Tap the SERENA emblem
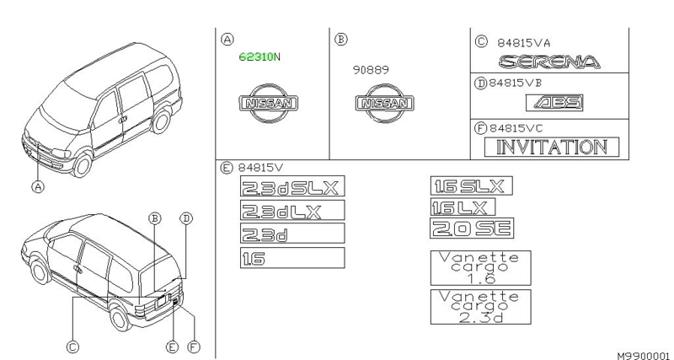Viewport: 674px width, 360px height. click(549, 62)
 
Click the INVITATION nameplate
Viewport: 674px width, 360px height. click(551, 147)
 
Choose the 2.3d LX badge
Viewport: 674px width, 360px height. click(292, 211)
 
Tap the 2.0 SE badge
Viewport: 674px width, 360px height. click(472, 228)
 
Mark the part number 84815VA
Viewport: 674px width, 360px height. click(522, 40)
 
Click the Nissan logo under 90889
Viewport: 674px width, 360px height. click(386, 105)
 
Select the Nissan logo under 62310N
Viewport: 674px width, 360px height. click(270, 105)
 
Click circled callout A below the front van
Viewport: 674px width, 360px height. click(38, 187)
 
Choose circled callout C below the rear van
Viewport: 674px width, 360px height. click(72, 346)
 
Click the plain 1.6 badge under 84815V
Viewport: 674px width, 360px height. click(292, 258)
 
